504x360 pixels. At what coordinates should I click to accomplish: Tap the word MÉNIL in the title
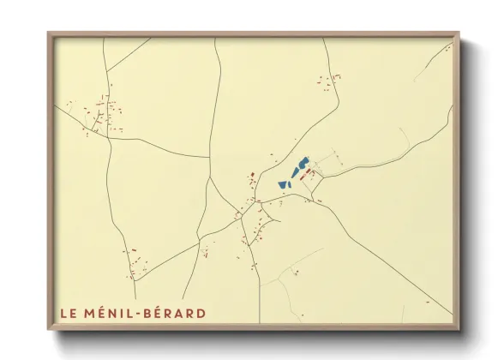106,313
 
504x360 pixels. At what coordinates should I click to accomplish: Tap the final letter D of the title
201,313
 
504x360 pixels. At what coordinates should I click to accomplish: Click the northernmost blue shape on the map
303,161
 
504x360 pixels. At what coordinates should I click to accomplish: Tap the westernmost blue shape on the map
282,183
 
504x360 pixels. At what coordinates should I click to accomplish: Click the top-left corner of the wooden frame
49,33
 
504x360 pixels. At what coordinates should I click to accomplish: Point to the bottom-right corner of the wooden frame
459,329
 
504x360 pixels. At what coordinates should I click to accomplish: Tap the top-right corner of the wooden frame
459,33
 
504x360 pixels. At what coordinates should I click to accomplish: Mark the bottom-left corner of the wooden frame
49,329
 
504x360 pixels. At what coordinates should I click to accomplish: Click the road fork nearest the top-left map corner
105,71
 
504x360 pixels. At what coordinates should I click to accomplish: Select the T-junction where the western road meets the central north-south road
209,157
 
